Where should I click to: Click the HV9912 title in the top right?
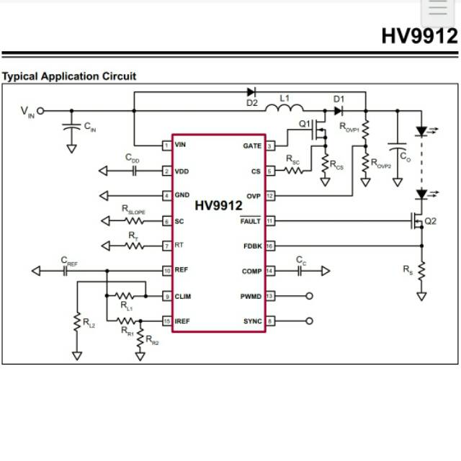pyautogui.click(x=419, y=36)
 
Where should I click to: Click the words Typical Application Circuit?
pyautogui.click(x=69, y=76)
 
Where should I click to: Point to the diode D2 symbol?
pyautogui.click(x=251, y=92)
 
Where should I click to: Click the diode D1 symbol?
pyautogui.click(x=339, y=110)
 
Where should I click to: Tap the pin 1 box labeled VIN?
pyautogui.click(x=166, y=146)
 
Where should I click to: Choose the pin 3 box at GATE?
pyautogui.click(x=270, y=146)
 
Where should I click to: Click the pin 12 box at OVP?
pyautogui.click(x=270, y=195)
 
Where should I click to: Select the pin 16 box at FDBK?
pyautogui.click(x=270, y=246)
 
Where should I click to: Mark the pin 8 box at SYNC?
pyautogui.click(x=270, y=321)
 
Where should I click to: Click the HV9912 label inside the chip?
pyautogui.click(x=218, y=205)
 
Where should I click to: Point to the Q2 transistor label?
pyautogui.click(x=431, y=221)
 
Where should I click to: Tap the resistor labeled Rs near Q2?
pyautogui.click(x=422, y=272)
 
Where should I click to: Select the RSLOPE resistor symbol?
pyautogui.click(x=135, y=220)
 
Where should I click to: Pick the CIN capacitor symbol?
pyautogui.click(x=71, y=127)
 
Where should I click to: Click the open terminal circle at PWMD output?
pyautogui.click(x=310, y=296)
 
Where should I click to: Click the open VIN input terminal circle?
pyautogui.click(x=40, y=111)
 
